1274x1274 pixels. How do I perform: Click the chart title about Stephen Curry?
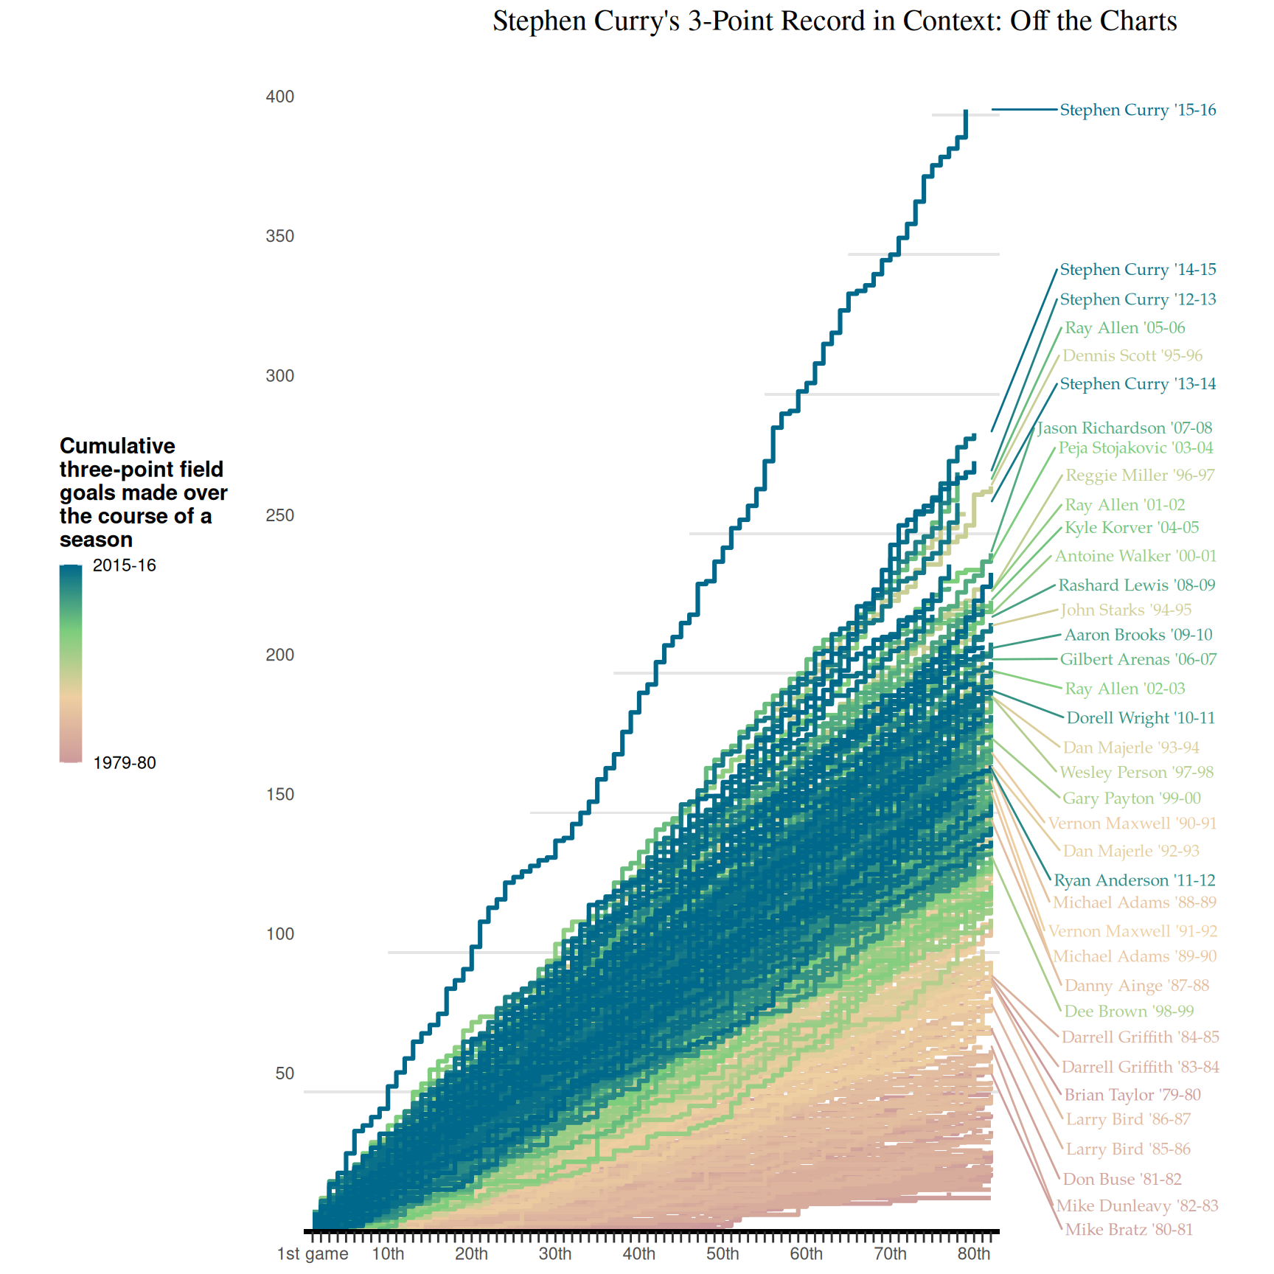835,21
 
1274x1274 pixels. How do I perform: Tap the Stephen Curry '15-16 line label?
1138,110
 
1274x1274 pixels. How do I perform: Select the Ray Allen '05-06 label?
1124,328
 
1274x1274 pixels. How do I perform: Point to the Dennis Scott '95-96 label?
1132,355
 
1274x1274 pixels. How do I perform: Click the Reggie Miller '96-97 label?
1140,476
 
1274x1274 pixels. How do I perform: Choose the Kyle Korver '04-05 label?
1132,528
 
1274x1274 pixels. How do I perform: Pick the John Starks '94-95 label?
1126,610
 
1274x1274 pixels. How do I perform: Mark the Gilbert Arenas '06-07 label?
1138,659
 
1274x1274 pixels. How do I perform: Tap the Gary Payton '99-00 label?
1132,798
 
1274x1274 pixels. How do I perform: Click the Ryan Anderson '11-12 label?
1134,880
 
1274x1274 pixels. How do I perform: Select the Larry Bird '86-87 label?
1128,1119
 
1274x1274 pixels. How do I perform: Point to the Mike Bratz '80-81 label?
1129,1229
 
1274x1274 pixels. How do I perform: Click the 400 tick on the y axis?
280,97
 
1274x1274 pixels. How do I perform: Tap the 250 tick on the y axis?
280,515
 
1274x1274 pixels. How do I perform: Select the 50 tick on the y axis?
285,1073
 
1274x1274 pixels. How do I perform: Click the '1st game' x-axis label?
313,1254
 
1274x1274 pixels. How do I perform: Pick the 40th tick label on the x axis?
638,1254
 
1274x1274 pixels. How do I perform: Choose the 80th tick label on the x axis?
973,1254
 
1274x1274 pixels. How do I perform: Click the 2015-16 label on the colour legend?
125,565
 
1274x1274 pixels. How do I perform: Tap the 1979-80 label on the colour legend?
125,762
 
